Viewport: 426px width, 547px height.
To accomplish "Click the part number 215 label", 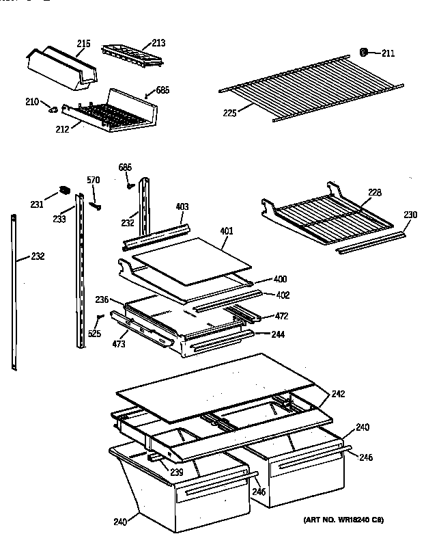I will (x=83, y=44).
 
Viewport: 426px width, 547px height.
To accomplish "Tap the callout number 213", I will (x=158, y=43).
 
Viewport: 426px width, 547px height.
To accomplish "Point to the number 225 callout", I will (x=229, y=113).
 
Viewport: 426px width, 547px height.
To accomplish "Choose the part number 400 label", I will (x=280, y=280).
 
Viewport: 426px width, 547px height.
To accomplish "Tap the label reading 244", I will (x=277, y=334).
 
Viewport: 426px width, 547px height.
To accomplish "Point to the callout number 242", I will (x=338, y=394).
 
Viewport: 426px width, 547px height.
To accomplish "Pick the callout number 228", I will (x=375, y=192).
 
